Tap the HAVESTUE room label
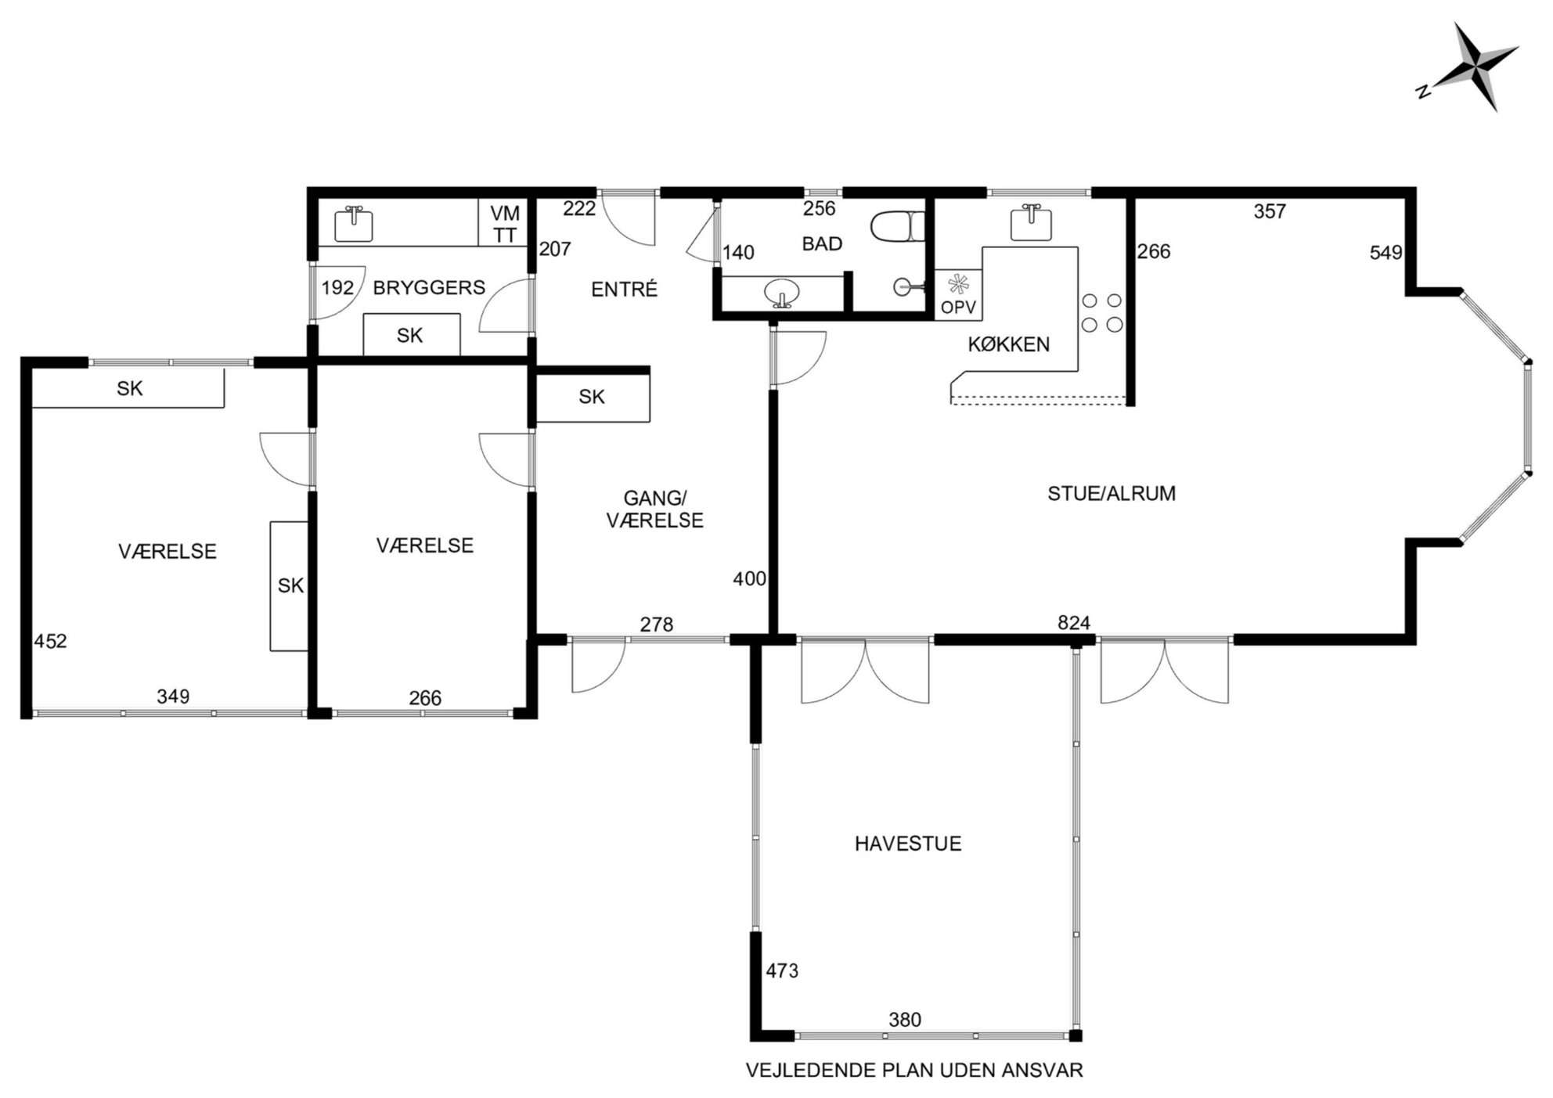[907, 844]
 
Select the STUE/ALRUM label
[1112, 493]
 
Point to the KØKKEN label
[1008, 344]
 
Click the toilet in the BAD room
[898, 227]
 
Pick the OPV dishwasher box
[958, 294]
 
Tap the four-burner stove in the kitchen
[1102, 312]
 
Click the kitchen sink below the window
[1032, 222]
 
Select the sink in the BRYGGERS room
[354, 224]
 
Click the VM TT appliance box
[505, 223]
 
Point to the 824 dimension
[1073, 623]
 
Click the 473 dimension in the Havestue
[782, 971]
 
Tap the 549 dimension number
[1385, 253]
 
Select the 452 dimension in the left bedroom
[50, 642]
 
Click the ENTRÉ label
[624, 290]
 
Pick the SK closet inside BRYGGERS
[411, 335]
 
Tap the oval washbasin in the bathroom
[781, 293]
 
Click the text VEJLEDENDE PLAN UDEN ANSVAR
[914, 1071]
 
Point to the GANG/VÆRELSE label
[655, 509]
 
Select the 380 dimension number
[905, 1020]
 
